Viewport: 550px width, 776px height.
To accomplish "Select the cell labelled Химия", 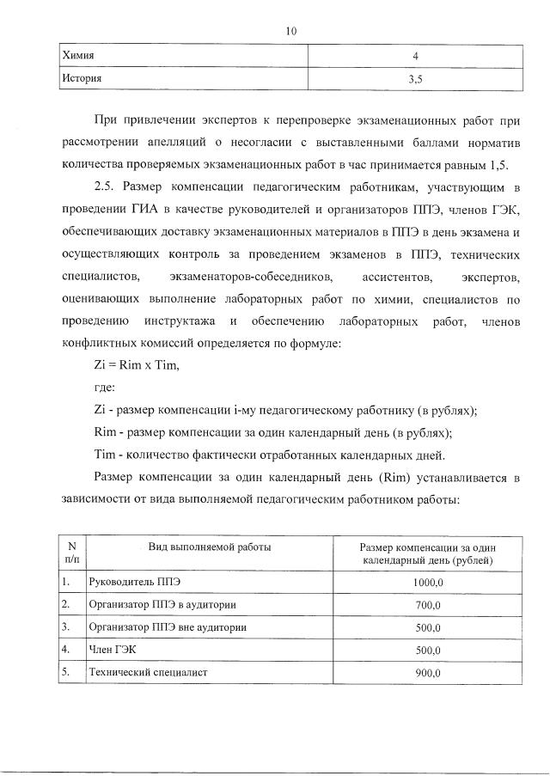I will (78, 56).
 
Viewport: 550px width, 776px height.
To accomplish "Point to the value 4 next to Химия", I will (415, 57).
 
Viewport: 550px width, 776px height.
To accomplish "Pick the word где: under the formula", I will (104, 388).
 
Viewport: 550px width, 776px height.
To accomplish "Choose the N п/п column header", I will (71, 553).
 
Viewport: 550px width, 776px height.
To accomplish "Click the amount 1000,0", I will (426, 583).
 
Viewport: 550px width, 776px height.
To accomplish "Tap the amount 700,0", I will (426, 605).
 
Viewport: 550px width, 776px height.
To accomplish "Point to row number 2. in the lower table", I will (65, 605).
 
